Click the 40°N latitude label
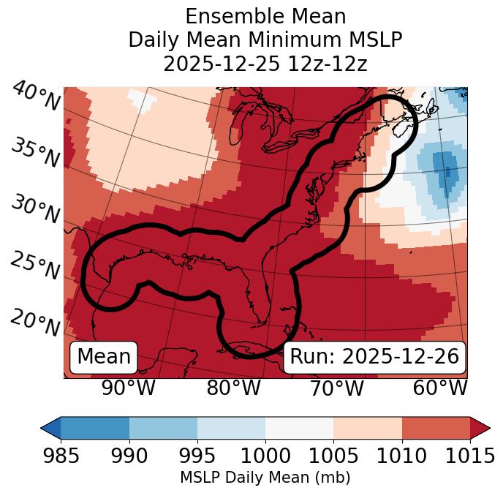click(35, 97)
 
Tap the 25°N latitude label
click(35, 266)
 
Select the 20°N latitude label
click(35, 323)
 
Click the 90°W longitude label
click(128, 388)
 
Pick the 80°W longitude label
click(233, 388)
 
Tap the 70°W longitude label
click(336, 388)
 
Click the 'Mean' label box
click(104, 357)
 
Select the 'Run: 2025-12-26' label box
click(374, 357)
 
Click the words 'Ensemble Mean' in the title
click(265, 16)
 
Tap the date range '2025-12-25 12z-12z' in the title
click(265, 64)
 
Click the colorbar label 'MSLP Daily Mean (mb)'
click(265, 478)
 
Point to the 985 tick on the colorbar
click(61, 456)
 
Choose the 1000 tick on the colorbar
click(265, 456)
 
